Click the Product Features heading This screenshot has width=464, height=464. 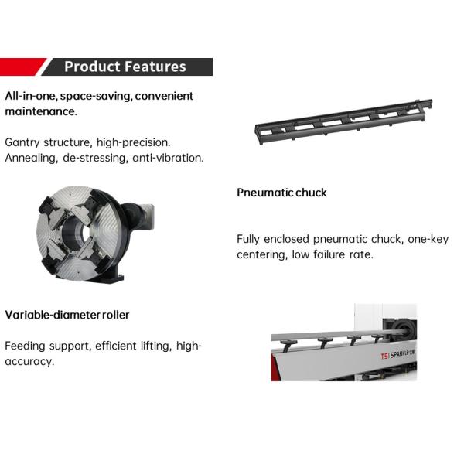tap(125, 67)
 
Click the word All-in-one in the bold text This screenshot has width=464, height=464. tap(31, 96)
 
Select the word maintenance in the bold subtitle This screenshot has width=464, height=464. tap(39, 111)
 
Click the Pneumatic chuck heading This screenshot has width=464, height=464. tap(281, 193)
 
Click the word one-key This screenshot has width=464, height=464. tap(426, 239)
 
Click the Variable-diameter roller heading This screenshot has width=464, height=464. tap(67, 315)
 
